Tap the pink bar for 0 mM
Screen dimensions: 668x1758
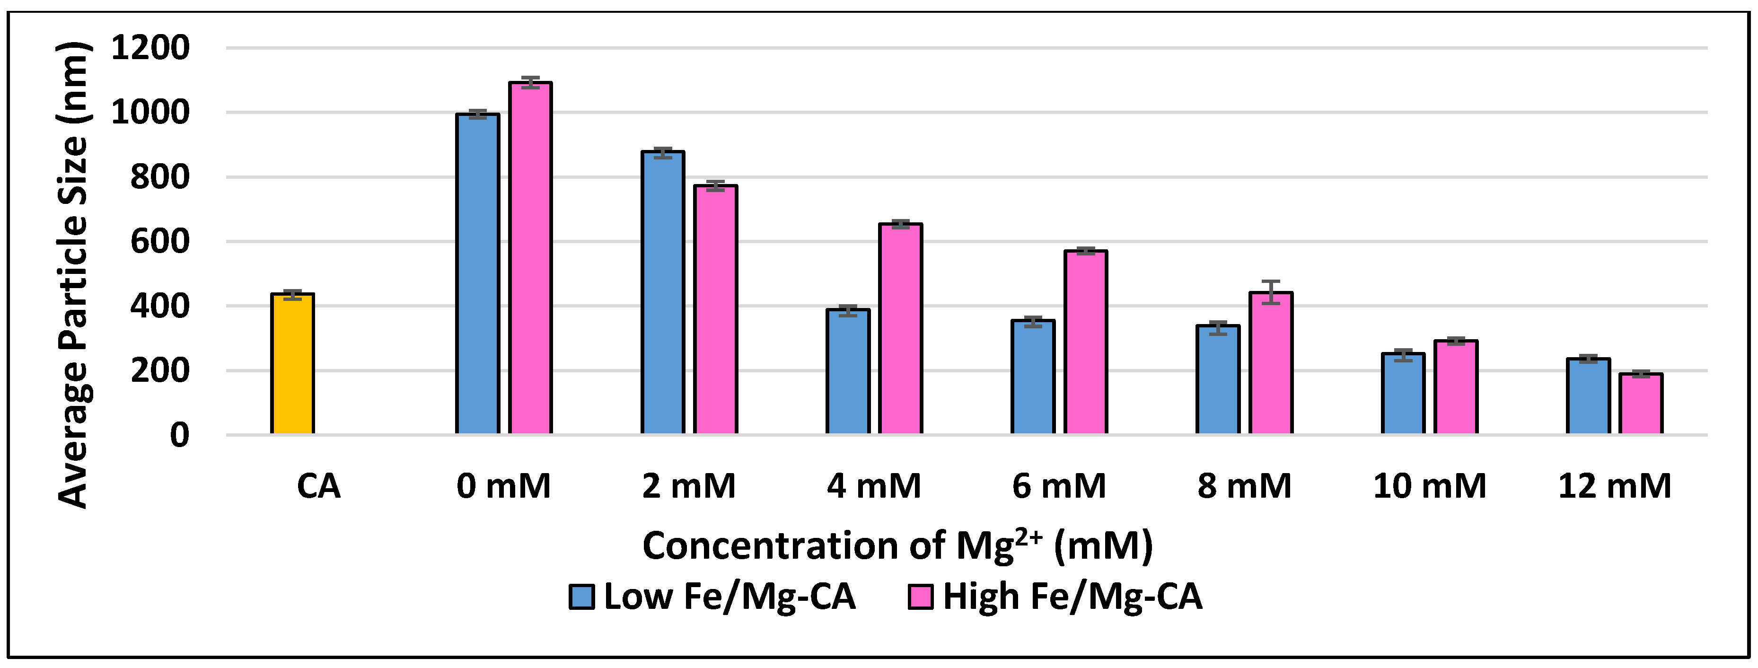(531, 259)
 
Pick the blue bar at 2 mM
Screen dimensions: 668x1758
(663, 293)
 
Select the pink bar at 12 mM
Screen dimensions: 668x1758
(1641, 404)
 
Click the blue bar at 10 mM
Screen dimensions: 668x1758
(1403, 394)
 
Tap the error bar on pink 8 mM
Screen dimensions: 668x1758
(1271, 291)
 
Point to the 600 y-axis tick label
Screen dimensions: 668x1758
(160, 242)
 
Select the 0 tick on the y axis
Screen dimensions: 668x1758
(179, 435)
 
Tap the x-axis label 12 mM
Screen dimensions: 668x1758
(1615, 486)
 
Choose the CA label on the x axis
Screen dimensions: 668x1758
(319, 486)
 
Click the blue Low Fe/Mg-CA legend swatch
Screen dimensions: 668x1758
(581, 597)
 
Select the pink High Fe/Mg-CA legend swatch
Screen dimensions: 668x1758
(921, 597)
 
